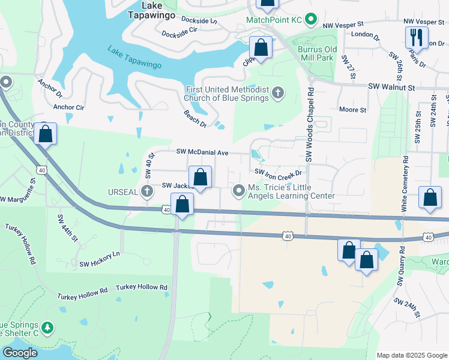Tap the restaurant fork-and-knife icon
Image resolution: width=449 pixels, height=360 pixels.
pyautogui.click(x=415, y=38)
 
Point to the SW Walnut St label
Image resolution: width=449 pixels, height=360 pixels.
pyautogui.click(x=391, y=88)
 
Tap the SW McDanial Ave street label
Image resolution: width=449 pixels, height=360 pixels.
pyautogui.click(x=202, y=153)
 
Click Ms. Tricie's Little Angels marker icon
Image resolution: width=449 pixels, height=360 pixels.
pyautogui.click(x=239, y=191)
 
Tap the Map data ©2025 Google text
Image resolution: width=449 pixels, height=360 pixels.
pyautogui.click(x=412, y=355)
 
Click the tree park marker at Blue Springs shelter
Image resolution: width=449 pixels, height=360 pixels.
pyautogui.click(x=47, y=328)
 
